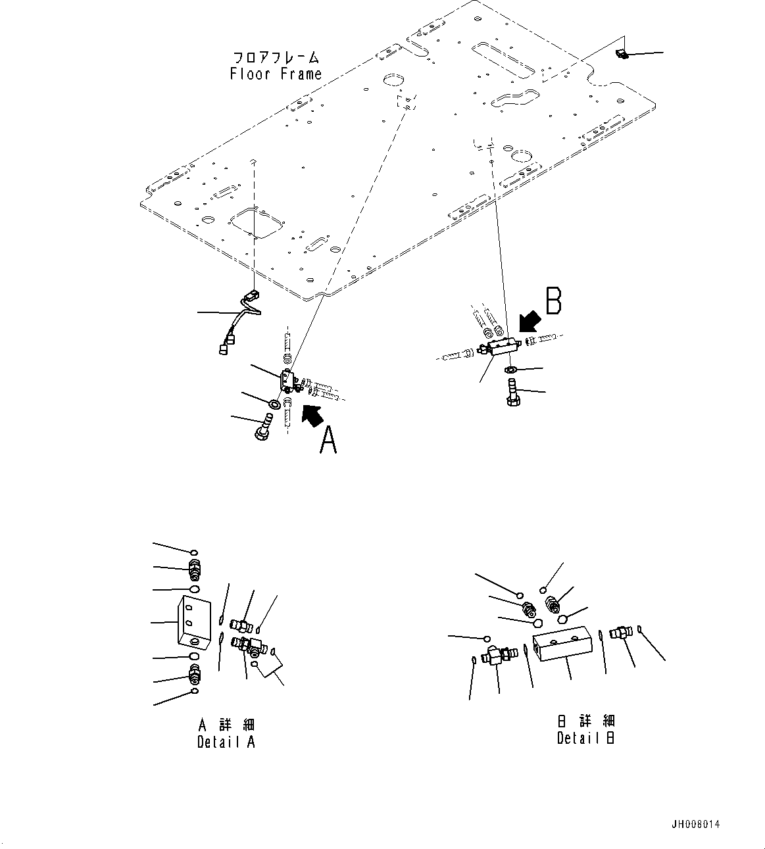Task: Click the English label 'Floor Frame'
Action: click(x=276, y=74)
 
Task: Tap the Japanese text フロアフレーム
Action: click(x=276, y=57)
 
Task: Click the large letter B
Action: click(x=554, y=302)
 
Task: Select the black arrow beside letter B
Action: click(x=529, y=323)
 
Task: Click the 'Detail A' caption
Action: click(x=226, y=742)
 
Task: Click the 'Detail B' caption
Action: click(x=585, y=738)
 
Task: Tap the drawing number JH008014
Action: click(x=696, y=825)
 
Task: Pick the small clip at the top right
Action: click(x=621, y=53)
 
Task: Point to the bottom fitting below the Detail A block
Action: click(x=195, y=675)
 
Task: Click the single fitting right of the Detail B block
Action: click(x=618, y=633)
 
